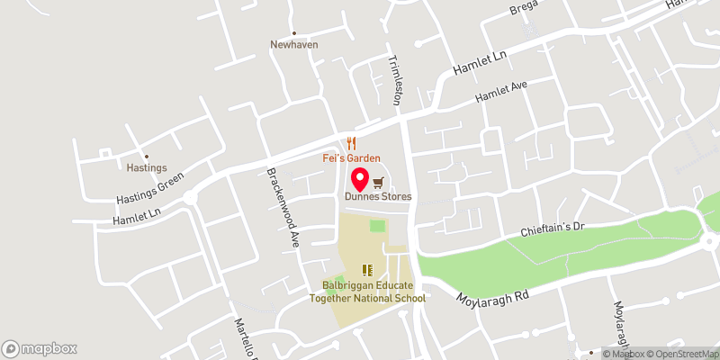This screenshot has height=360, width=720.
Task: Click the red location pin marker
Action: [358, 178]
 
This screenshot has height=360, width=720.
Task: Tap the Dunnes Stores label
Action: [377, 196]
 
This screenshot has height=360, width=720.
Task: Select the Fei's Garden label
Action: [352, 158]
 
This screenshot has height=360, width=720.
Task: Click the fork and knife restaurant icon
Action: [352, 143]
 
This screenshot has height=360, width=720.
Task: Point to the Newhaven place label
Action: [294, 44]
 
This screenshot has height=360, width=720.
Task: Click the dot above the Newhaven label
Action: [294, 33]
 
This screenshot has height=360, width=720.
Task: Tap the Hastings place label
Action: [146, 167]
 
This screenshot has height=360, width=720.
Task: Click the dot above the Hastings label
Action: [146, 157]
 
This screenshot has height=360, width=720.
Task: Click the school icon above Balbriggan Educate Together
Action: [367, 269]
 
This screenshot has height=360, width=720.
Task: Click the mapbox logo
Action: [40, 348]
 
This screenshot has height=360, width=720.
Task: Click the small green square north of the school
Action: [377, 226]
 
